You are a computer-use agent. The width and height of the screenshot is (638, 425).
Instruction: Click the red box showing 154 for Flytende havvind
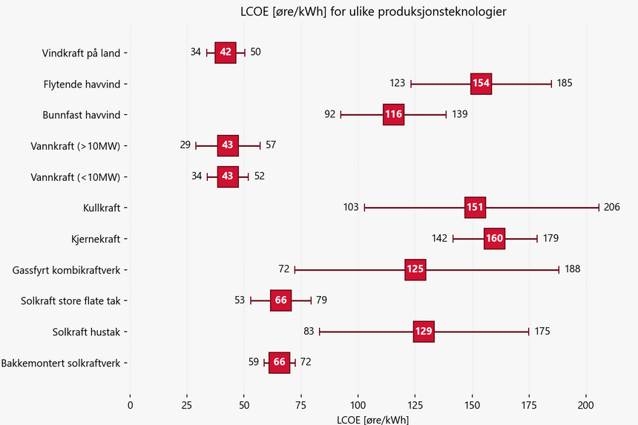click(x=481, y=83)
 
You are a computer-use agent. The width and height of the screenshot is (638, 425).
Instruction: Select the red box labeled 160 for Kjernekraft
click(x=494, y=239)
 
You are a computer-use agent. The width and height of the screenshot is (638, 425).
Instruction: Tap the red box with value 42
click(x=226, y=52)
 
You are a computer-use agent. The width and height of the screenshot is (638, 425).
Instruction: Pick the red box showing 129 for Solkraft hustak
click(x=424, y=332)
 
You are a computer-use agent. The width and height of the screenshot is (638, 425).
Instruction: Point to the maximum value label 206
click(x=611, y=207)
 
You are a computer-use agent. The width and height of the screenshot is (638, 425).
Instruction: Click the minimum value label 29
click(x=185, y=145)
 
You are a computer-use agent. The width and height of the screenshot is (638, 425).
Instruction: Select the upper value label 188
click(x=573, y=269)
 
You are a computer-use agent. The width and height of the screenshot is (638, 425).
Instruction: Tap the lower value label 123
click(x=397, y=83)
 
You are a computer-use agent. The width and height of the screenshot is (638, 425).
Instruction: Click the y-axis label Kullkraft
click(x=103, y=208)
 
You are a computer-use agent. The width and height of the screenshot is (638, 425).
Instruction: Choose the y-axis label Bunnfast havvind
click(x=83, y=115)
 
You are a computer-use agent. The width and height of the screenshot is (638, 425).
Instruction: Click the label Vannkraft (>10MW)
click(x=76, y=145)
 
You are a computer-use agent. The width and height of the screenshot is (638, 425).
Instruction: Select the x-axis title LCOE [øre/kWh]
click(x=372, y=419)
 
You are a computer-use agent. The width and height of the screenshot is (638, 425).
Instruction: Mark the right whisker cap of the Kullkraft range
click(x=599, y=208)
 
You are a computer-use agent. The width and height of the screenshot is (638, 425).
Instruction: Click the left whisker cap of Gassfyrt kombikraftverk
click(x=295, y=270)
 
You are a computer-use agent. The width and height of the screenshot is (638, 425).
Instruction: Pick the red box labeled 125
click(x=415, y=270)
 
